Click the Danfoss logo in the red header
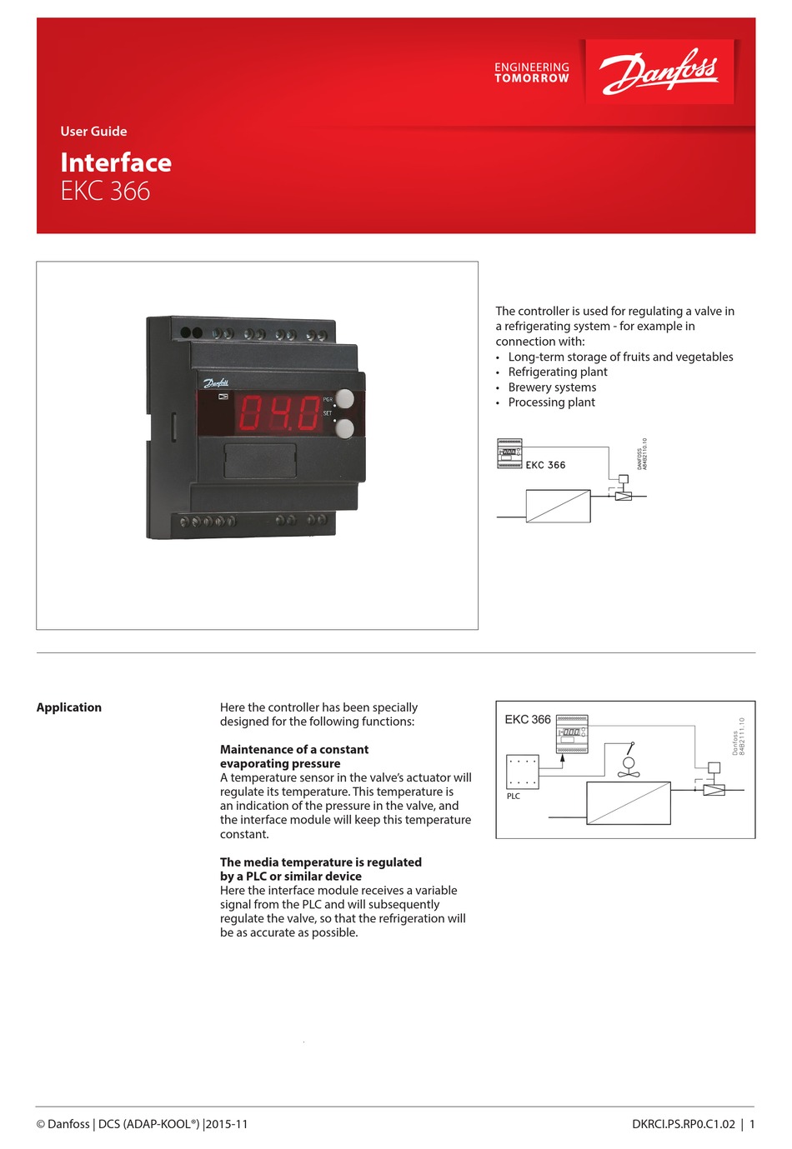click(x=659, y=71)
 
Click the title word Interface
click(x=116, y=162)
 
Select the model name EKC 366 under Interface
click(x=105, y=191)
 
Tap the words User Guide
click(x=93, y=132)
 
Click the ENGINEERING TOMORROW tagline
click(x=531, y=72)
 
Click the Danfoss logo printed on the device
click(x=216, y=383)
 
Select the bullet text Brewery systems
click(x=552, y=387)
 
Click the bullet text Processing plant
click(x=551, y=402)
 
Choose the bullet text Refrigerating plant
click(x=558, y=372)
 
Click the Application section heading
click(x=69, y=707)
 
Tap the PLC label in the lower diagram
click(x=514, y=797)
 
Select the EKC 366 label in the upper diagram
click(x=545, y=465)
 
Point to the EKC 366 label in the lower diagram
click(x=528, y=720)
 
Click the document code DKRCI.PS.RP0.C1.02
click(x=684, y=1124)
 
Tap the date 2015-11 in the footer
click(x=227, y=1124)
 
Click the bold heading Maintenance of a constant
click(x=294, y=750)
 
